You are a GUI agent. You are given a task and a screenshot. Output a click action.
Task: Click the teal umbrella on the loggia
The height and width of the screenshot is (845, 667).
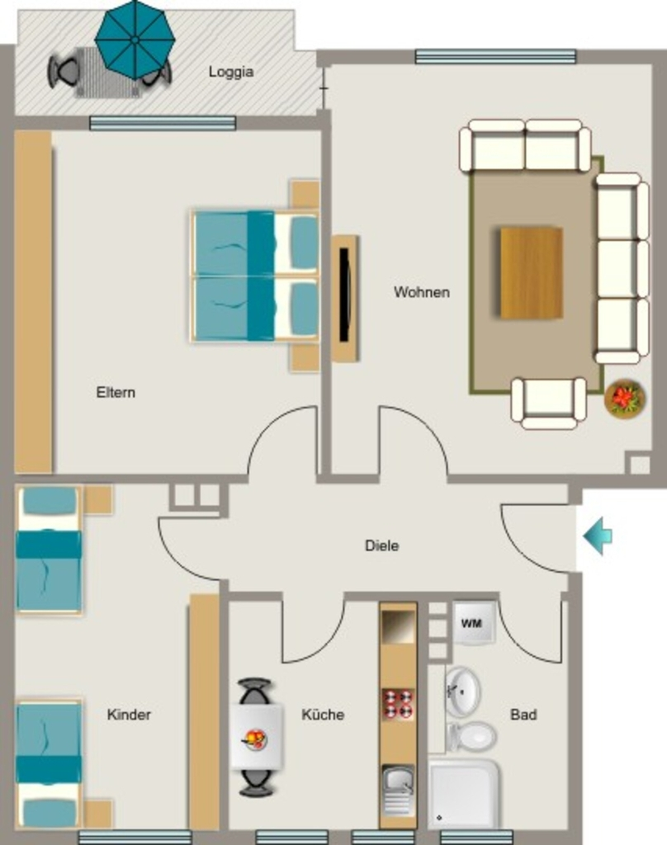pyautogui.click(x=135, y=40)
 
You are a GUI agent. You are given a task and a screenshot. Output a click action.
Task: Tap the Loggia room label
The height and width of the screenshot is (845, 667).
pyautogui.click(x=231, y=72)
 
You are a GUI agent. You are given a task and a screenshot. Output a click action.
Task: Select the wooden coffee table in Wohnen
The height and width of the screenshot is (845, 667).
pyautogui.click(x=532, y=272)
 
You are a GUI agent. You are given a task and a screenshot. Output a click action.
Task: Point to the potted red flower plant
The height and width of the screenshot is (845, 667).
pyautogui.click(x=625, y=399)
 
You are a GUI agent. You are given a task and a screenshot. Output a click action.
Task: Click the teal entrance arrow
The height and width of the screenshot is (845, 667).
pyautogui.click(x=598, y=536)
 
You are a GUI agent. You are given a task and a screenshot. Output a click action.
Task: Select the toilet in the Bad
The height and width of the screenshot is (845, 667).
pyautogui.click(x=471, y=737)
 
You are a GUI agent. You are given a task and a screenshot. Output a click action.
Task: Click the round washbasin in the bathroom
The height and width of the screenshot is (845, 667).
pyautogui.click(x=462, y=692)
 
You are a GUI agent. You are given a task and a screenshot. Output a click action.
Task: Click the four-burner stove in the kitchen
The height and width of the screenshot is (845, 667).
pyautogui.click(x=398, y=703)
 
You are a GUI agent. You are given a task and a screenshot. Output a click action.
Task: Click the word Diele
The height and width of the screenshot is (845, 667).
pyautogui.click(x=381, y=545)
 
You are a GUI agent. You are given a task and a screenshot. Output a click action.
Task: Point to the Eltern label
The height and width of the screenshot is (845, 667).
pyautogui.click(x=116, y=392)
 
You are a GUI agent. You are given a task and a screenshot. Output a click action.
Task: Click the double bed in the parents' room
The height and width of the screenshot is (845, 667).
pyautogui.click(x=255, y=276)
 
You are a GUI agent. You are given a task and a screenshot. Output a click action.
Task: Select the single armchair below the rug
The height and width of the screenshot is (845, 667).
pyautogui.click(x=549, y=403)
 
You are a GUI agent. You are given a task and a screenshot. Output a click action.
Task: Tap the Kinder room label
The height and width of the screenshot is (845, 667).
pyautogui.click(x=129, y=715)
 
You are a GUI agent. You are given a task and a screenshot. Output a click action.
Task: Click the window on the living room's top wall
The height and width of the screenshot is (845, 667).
pyautogui.click(x=495, y=57)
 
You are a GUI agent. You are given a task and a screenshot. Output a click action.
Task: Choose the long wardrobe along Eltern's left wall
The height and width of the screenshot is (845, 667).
pyautogui.click(x=33, y=302)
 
